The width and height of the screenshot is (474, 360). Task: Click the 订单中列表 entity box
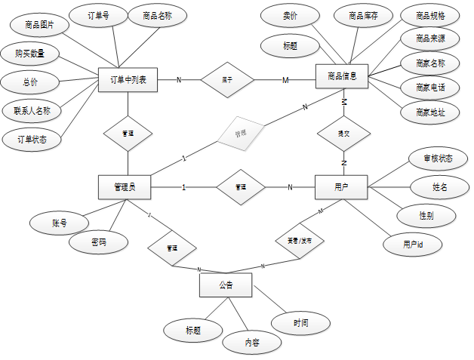128,80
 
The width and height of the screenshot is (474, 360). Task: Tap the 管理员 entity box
125,186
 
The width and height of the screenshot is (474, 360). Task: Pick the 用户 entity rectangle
340,186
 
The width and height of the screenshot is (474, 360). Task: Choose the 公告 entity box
226,285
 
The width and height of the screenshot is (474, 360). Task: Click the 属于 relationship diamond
227,79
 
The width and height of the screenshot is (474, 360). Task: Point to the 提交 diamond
343,133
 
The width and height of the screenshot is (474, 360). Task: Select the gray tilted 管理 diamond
240,134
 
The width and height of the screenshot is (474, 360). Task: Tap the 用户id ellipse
412,244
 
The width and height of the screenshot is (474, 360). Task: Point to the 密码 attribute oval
98,243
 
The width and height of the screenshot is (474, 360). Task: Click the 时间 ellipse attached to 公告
301,323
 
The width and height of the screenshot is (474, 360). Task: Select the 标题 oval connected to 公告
192,329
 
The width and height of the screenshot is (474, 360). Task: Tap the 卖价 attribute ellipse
290,15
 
